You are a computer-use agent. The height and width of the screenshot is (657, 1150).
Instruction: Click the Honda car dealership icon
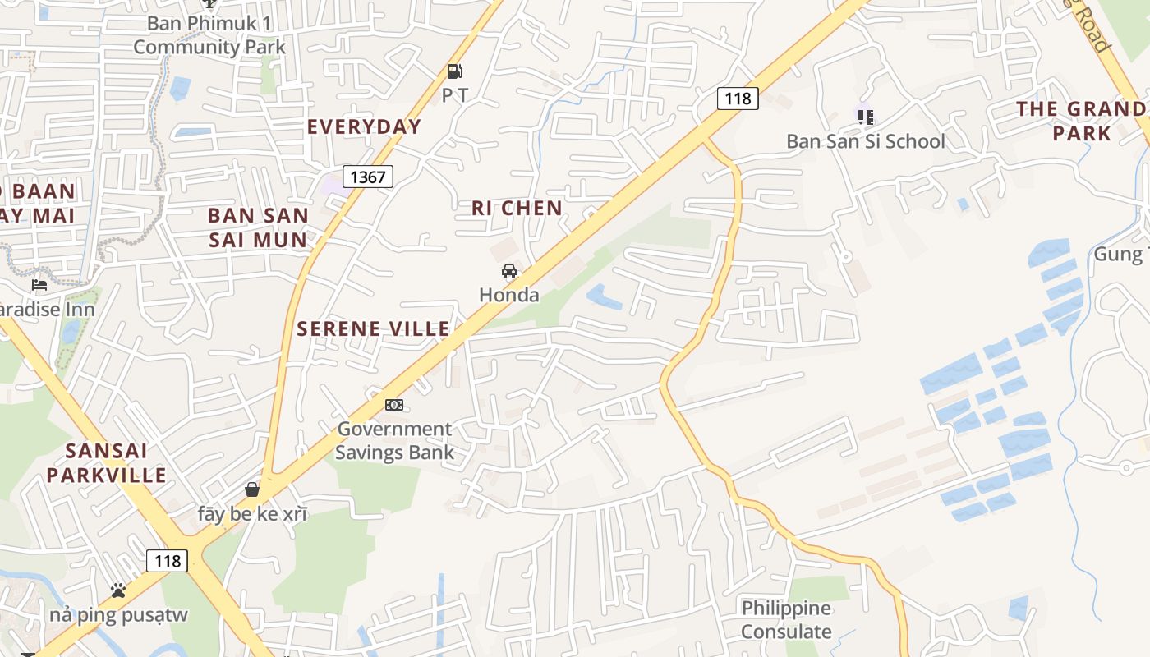pos(509,271)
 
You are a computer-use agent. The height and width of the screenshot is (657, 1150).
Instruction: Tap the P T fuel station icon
pos(454,71)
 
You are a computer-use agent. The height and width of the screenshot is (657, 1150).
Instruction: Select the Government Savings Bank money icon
pos(394,405)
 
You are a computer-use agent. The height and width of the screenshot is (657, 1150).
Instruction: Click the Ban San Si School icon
pos(865,117)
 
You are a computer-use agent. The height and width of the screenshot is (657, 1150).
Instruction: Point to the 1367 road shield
pos(368,177)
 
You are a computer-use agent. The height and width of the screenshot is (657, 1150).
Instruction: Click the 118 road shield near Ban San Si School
pos(737,99)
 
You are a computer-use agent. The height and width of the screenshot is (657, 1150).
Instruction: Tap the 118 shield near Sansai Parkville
pos(168,561)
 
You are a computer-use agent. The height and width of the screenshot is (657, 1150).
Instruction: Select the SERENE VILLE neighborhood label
pos(373,329)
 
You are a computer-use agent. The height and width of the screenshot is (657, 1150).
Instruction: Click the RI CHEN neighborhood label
pos(517,209)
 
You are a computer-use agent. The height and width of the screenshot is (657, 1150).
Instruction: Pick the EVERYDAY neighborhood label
pos(364,126)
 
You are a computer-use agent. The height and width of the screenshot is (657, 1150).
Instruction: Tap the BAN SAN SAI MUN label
pos(258,227)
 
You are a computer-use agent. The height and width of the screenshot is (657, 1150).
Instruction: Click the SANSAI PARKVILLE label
pos(106,462)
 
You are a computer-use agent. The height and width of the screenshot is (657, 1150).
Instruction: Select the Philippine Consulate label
pos(786,620)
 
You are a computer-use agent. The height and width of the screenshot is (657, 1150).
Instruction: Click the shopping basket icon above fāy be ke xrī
pos(252,489)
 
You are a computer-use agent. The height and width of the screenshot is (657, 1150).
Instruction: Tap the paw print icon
pos(118,590)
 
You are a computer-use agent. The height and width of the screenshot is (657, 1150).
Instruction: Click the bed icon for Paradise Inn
pos(39,285)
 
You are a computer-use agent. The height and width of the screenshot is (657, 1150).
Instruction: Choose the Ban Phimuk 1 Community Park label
pos(209,34)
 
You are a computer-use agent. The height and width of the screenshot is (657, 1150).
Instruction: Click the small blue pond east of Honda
pos(602,296)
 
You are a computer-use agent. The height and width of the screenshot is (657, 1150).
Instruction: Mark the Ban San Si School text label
pos(866,141)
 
